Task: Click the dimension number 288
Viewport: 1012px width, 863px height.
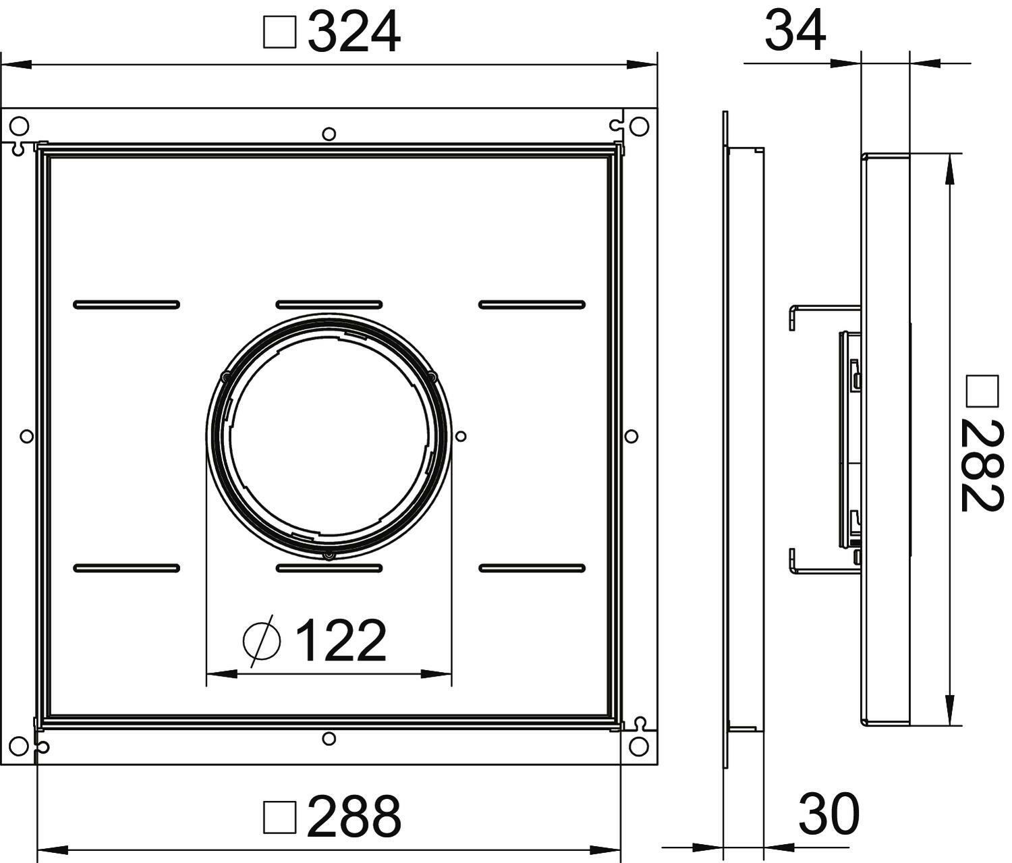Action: [x=354, y=816]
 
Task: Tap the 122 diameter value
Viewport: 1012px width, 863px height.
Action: [x=341, y=640]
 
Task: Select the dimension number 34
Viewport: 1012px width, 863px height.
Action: [x=795, y=31]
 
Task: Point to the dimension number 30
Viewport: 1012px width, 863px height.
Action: [x=829, y=814]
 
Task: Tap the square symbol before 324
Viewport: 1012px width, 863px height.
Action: [x=279, y=32]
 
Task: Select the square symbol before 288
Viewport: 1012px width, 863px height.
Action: [x=279, y=817]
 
